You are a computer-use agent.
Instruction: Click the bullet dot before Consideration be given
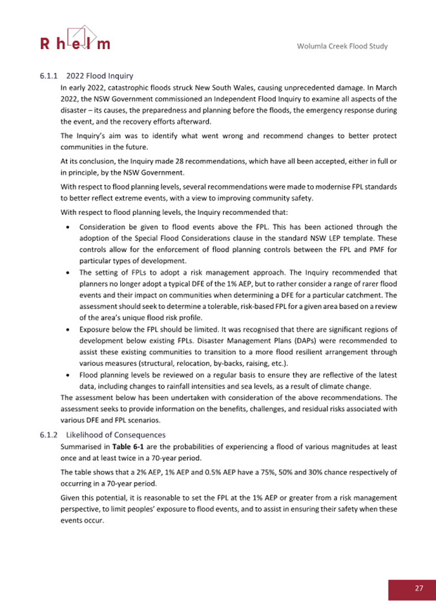(x=69, y=228)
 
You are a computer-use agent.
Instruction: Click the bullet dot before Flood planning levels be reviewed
(x=69, y=374)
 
